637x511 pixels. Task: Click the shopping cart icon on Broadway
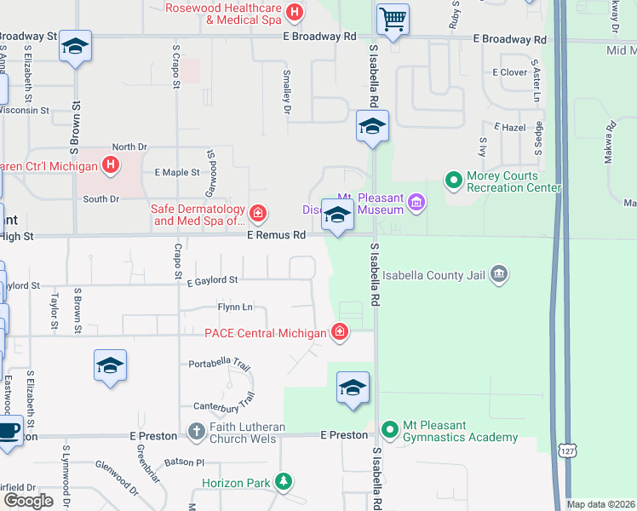(393, 19)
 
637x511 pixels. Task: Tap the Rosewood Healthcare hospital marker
(295, 12)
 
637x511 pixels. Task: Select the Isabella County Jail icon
(500, 274)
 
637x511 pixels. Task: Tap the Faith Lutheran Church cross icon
(196, 431)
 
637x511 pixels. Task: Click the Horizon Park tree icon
(283, 483)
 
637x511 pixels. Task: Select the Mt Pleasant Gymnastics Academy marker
(390, 429)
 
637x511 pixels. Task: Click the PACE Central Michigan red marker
(340, 332)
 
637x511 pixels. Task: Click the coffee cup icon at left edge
(9, 430)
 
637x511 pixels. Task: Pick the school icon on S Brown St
(75, 48)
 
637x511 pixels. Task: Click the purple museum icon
(416, 202)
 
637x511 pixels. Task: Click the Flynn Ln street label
(235, 307)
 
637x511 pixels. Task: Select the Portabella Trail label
(220, 364)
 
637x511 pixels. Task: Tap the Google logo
(28, 500)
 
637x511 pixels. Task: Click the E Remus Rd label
(276, 234)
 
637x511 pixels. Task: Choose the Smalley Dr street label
(287, 93)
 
